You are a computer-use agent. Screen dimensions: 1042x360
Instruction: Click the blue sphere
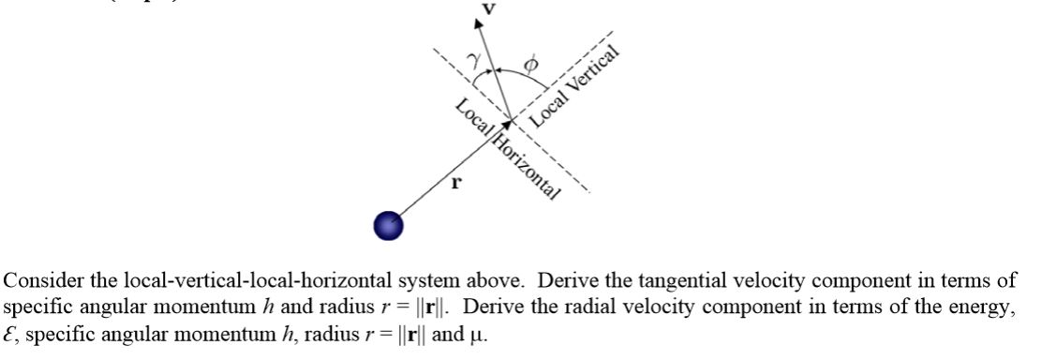(388, 226)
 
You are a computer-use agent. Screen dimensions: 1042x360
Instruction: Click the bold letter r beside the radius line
(456, 183)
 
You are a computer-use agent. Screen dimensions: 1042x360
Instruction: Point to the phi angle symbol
(530, 63)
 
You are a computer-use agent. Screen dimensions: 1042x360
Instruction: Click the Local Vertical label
(575, 86)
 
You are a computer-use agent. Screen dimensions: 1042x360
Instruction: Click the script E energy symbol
(10, 332)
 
